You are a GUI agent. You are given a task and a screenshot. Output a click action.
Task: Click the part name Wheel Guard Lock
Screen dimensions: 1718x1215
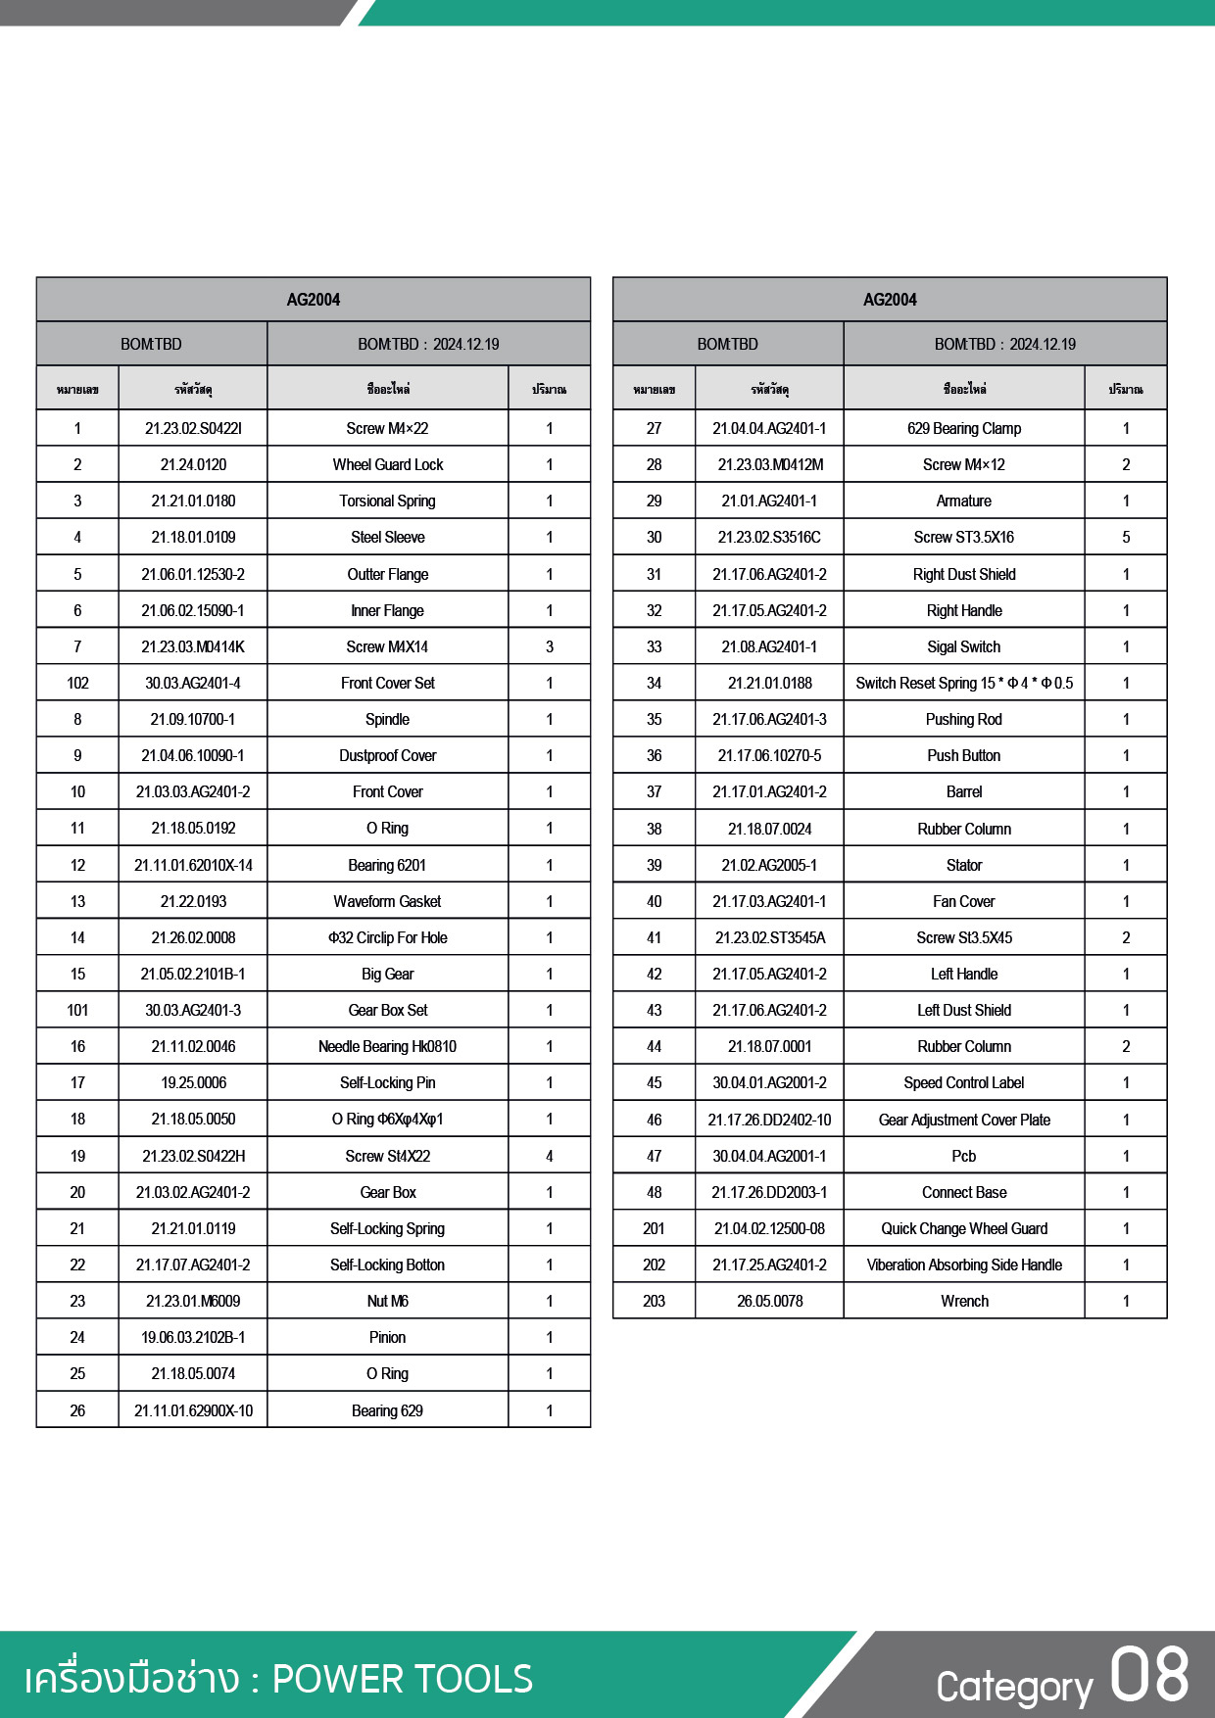pos(388,465)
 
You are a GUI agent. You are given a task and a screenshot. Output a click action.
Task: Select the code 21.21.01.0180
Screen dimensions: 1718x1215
pos(193,501)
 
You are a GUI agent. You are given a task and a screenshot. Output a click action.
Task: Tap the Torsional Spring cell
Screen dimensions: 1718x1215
pos(388,501)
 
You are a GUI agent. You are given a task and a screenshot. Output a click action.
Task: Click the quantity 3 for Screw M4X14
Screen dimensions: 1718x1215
pos(550,647)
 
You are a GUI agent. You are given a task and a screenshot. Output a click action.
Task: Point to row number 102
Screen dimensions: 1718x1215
pos(77,684)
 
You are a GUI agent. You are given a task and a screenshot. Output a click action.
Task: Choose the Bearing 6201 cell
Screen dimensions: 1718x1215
pos(388,866)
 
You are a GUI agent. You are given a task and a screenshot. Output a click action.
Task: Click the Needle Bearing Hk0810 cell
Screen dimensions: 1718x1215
pos(388,1047)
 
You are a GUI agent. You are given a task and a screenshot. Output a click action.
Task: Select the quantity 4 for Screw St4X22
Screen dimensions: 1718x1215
pos(550,1157)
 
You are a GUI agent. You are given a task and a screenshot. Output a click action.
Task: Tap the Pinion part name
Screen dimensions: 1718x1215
pos(388,1338)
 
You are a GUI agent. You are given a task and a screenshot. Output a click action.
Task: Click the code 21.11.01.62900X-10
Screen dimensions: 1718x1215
pos(193,1411)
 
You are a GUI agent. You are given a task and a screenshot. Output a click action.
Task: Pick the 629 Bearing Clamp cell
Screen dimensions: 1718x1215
pos(964,429)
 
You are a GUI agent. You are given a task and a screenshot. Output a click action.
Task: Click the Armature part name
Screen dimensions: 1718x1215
pos(964,501)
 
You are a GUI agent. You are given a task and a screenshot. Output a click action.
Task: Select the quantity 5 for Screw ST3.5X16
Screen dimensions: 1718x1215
pos(1126,538)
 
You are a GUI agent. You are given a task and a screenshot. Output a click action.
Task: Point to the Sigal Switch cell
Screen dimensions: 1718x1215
pos(964,647)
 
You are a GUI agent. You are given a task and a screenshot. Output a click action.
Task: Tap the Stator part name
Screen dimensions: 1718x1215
pos(964,866)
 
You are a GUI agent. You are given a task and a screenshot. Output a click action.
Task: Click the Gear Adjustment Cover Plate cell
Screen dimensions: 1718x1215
pos(964,1121)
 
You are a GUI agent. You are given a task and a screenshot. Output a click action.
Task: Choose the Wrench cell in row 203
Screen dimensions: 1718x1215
pos(964,1302)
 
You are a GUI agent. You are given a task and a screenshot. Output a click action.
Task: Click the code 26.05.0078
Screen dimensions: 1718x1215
pos(770,1302)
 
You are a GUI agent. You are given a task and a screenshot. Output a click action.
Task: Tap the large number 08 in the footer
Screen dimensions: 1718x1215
pos(1149,1676)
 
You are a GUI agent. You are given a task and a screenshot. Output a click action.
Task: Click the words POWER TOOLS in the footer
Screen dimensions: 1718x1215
pos(403,1679)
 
